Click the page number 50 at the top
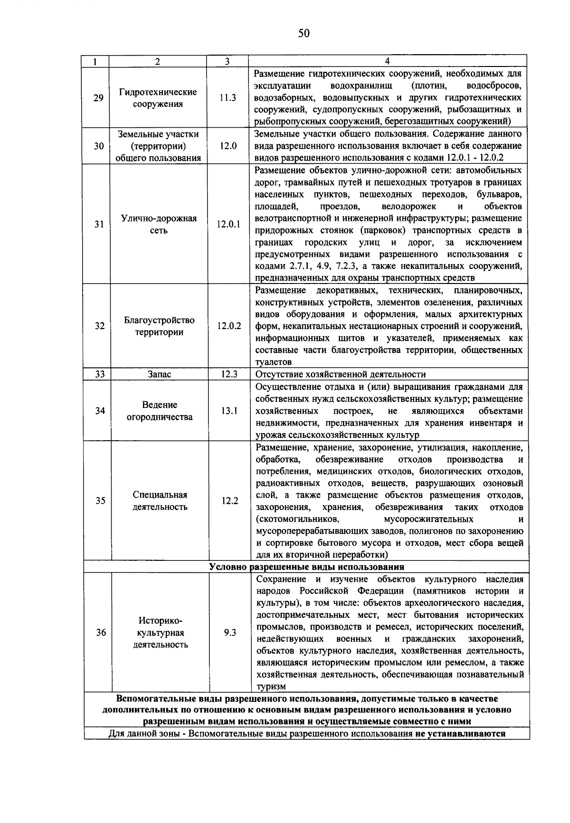click(304, 33)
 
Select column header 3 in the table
click(228, 61)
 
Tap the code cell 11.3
click(228, 98)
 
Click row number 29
click(98, 98)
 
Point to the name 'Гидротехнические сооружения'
click(158, 98)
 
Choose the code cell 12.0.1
click(228, 224)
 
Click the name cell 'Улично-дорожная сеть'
click(159, 224)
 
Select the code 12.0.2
click(229, 326)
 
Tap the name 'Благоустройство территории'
click(159, 326)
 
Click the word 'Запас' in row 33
click(159, 374)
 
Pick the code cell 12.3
click(229, 374)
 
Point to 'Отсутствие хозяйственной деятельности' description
click(341, 374)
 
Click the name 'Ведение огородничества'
click(160, 411)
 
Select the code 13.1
click(229, 411)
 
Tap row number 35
click(100, 501)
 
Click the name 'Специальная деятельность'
click(160, 501)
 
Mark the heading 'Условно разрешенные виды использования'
click(307, 567)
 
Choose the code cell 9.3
click(230, 633)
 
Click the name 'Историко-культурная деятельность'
click(161, 633)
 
